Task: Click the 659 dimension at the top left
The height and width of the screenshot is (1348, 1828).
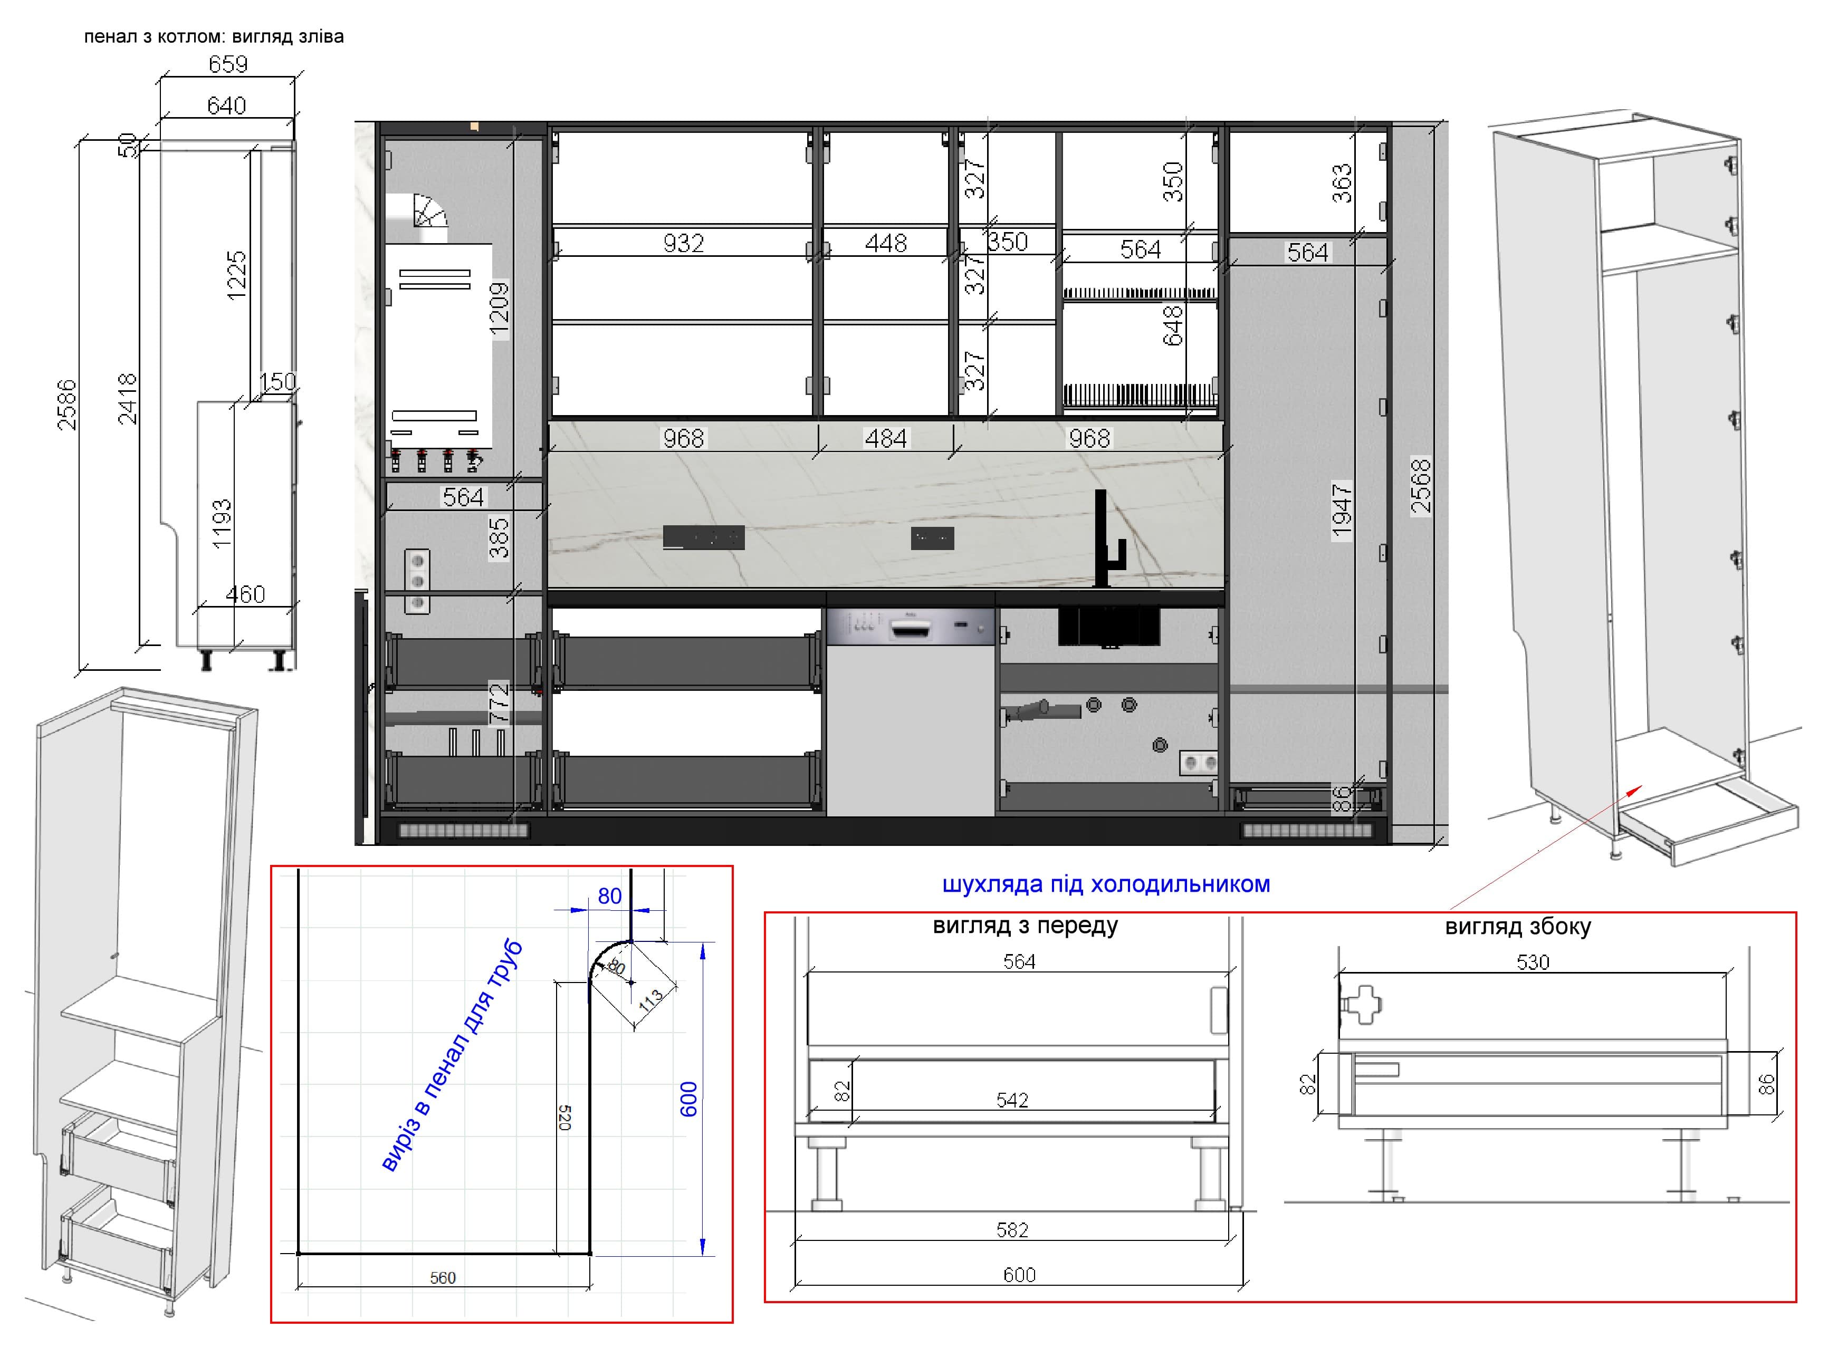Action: click(228, 64)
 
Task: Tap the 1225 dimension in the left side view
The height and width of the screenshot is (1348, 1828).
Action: click(236, 276)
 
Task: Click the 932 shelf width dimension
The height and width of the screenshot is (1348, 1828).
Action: click(683, 243)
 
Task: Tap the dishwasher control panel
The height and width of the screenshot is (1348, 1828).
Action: click(910, 627)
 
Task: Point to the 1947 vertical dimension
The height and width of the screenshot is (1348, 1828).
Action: click(1342, 512)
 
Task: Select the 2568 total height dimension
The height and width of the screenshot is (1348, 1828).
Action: click(1421, 486)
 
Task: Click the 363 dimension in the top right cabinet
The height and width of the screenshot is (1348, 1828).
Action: click(1342, 184)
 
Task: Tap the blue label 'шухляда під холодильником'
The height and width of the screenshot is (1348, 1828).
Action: click(1106, 884)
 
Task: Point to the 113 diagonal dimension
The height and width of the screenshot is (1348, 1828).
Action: click(650, 1000)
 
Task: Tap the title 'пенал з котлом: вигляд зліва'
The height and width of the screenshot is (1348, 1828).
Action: click(214, 37)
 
